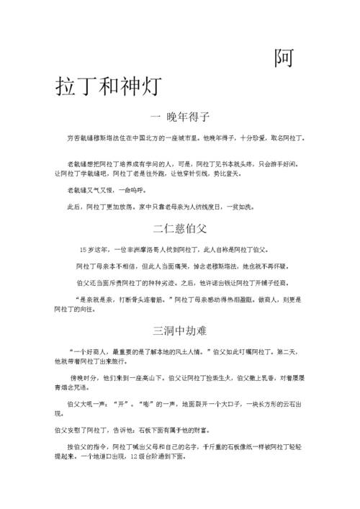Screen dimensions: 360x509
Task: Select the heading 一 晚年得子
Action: pyautogui.click(x=180, y=117)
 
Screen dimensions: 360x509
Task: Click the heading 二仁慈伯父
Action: pyautogui.click(x=180, y=230)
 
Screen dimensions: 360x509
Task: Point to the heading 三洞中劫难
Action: pyautogui.click(x=180, y=332)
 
